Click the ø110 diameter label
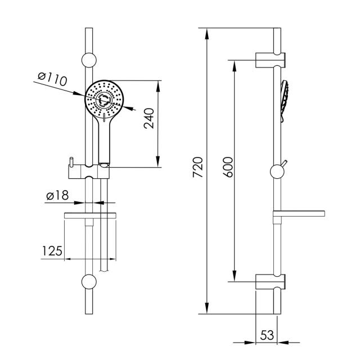(x=52, y=79)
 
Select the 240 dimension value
(x=149, y=118)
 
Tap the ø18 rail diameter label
(x=57, y=195)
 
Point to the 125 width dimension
(x=52, y=251)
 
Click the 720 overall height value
(x=197, y=167)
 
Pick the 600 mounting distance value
(x=228, y=167)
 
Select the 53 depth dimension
(x=267, y=335)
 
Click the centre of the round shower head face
(x=105, y=100)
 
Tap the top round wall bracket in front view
(x=89, y=60)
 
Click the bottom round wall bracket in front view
(x=89, y=282)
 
